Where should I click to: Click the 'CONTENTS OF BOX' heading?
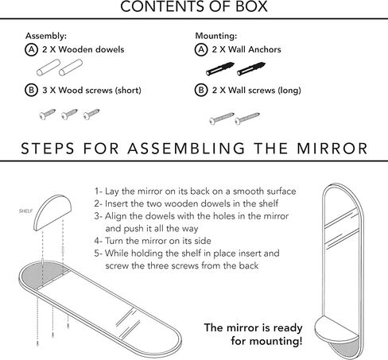tap(194, 6)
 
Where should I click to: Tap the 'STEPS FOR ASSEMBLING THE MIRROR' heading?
tap(194, 149)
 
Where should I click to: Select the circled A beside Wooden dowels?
tap(31, 49)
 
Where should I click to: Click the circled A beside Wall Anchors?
tap(201, 49)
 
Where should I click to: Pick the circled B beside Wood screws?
tap(31, 90)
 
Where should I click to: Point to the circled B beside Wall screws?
tap(201, 90)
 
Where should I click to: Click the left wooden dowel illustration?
tap(48, 68)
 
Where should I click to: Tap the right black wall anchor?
tap(251, 69)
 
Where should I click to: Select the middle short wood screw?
tap(69, 114)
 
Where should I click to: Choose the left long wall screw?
tap(222, 118)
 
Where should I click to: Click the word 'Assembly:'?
tap(46, 36)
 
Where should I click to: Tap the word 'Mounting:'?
tap(216, 36)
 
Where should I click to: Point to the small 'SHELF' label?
tap(26, 211)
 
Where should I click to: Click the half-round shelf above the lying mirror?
tap(52, 212)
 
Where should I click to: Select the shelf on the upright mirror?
tap(336, 330)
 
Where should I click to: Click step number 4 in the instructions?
tap(97, 241)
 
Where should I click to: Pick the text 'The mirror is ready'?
tap(253, 328)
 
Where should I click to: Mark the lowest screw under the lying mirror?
tap(37, 343)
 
